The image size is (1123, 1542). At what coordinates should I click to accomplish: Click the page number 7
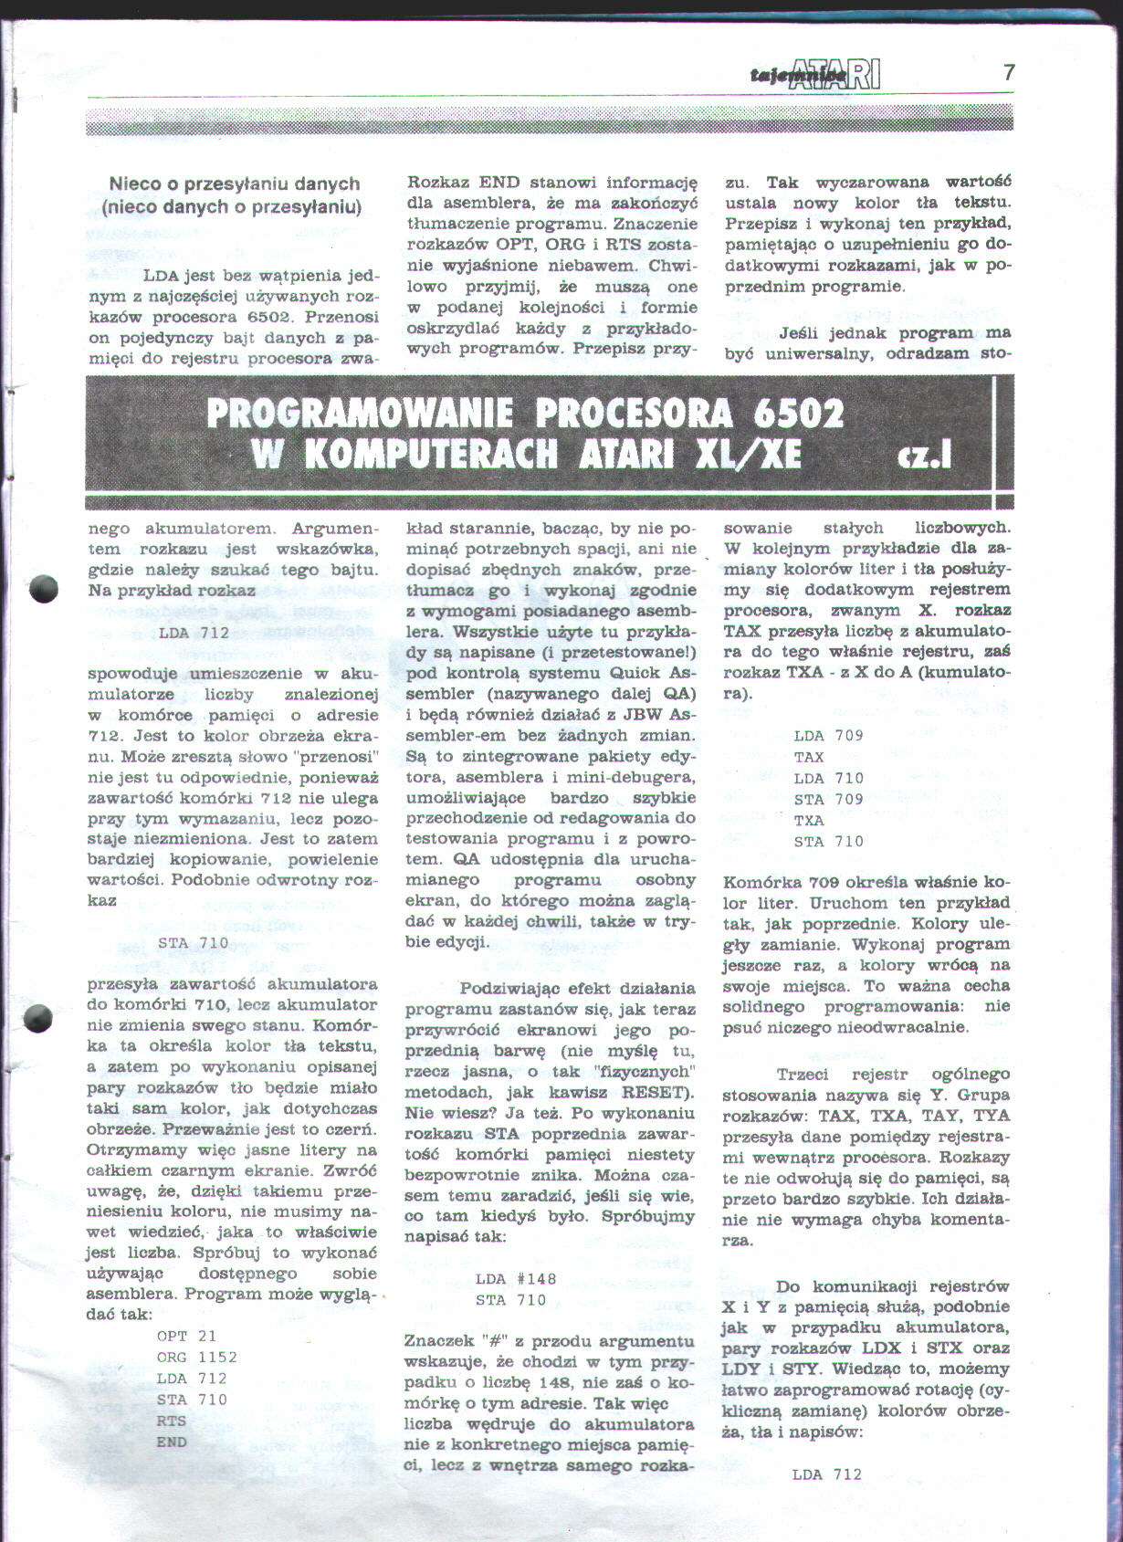tap(1008, 72)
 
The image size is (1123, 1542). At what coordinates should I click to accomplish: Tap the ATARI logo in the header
tap(835, 74)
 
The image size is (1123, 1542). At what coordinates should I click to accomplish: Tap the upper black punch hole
tap(43, 590)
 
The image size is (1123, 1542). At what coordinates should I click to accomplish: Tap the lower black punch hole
tap(38, 1018)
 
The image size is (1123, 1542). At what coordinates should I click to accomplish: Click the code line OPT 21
tap(186, 1336)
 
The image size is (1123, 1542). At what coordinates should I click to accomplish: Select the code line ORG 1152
tap(196, 1357)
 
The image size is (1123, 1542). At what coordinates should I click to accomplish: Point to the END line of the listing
tap(172, 1442)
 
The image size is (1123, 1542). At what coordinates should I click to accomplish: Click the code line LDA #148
tap(516, 1278)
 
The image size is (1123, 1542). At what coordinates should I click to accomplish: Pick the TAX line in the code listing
tap(809, 757)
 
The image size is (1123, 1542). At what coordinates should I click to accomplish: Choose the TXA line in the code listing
tap(809, 820)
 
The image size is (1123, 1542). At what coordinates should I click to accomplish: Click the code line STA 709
tap(828, 799)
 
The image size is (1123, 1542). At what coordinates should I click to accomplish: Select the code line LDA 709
tap(828, 735)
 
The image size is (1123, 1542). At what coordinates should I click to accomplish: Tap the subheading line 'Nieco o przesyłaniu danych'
tap(234, 184)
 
